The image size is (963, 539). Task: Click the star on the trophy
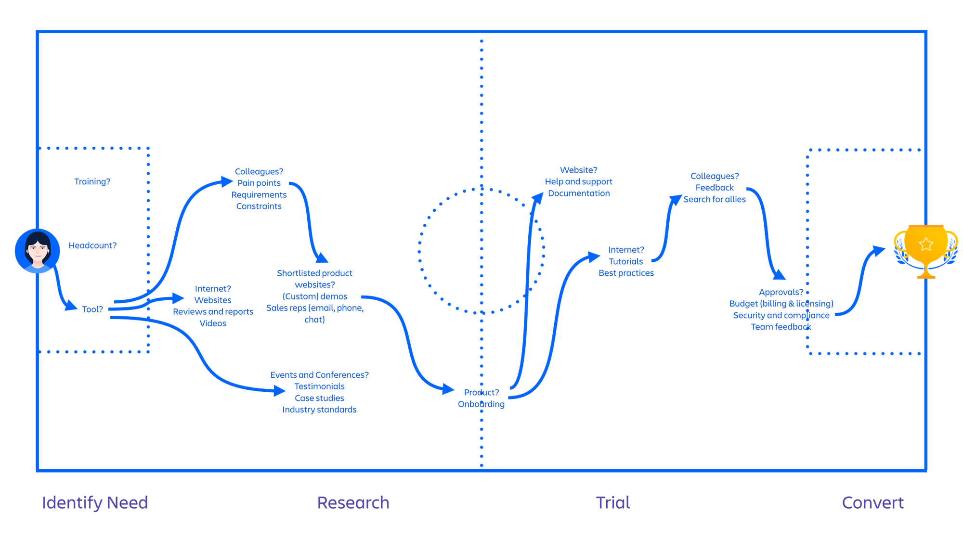[x=925, y=244]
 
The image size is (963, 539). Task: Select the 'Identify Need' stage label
[x=95, y=503]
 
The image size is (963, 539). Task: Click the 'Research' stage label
[x=353, y=503]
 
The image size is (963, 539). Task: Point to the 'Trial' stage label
[x=612, y=503]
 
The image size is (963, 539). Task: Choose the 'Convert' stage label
[x=872, y=503]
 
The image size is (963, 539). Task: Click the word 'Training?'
[x=92, y=181]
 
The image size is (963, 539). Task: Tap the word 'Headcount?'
[x=92, y=245]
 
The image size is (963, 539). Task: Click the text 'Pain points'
[x=259, y=183]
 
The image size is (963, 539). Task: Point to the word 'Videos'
[x=213, y=323]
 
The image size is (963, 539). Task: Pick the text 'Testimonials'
[x=319, y=386]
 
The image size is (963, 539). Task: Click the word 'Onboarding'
[x=481, y=404]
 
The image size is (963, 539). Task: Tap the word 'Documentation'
[x=579, y=193]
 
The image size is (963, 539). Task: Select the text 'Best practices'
[x=626, y=273]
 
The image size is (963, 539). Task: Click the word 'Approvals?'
[x=781, y=292]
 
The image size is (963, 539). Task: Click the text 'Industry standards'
[x=319, y=410]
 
